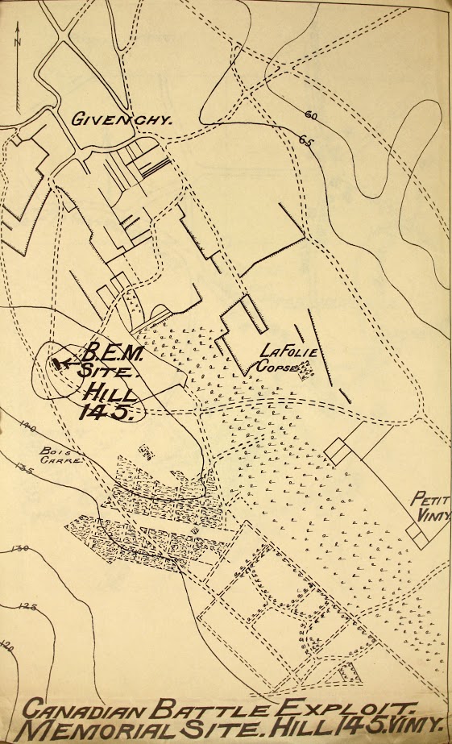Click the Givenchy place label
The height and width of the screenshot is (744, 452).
(x=122, y=120)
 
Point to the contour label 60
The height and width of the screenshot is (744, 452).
(x=311, y=116)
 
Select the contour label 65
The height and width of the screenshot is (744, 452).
(x=307, y=141)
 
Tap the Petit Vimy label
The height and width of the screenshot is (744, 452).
(x=430, y=506)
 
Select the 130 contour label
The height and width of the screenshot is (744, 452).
(x=20, y=550)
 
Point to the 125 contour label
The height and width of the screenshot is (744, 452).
(x=28, y=606)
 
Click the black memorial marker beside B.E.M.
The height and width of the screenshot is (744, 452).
(x=59, y=364)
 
